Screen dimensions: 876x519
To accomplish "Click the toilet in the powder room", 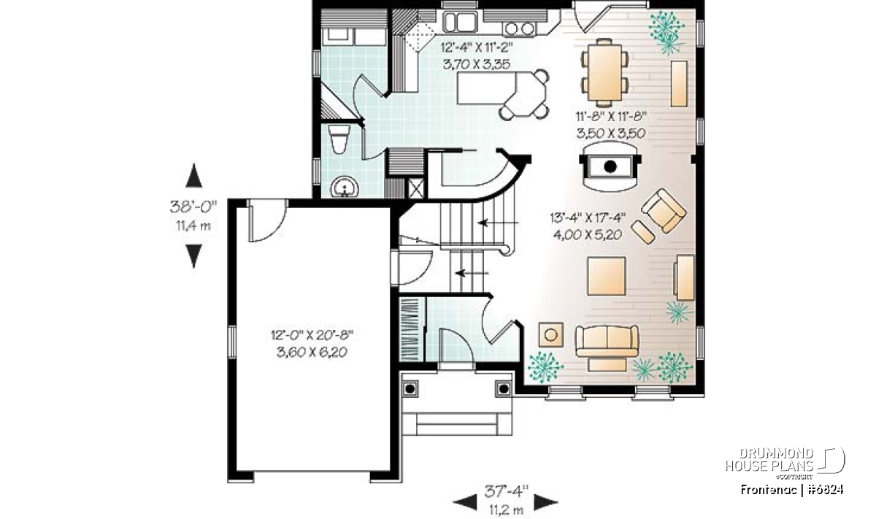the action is point(339,139).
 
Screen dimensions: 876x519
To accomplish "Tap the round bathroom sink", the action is point(345,187).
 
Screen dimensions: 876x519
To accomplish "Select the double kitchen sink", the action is point(460,22).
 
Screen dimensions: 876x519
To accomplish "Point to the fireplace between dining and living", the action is point(610,166).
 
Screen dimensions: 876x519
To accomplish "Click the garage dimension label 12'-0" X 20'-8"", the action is point(312,335).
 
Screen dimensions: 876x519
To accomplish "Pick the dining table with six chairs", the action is point(604,72).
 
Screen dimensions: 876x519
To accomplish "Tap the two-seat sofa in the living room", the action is point(607,347).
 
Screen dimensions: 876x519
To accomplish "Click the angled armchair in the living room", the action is point(664,211).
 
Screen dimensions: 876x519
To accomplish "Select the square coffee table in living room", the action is point(606,276).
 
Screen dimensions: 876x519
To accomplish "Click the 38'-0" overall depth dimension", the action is point(193,207).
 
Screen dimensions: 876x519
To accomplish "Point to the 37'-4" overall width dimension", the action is point(506,491).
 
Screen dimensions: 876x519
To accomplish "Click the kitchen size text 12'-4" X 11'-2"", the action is point(476,47).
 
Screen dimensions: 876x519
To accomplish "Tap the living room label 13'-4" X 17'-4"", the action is point(588,218).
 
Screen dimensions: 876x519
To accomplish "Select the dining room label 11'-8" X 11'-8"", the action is point(611,116).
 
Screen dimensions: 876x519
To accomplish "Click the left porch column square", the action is point(410,389).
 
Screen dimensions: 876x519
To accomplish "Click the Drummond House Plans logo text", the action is point(769,460).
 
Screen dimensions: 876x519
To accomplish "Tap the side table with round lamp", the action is point(551,335).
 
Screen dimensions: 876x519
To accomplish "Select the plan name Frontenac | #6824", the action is point(791,490).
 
